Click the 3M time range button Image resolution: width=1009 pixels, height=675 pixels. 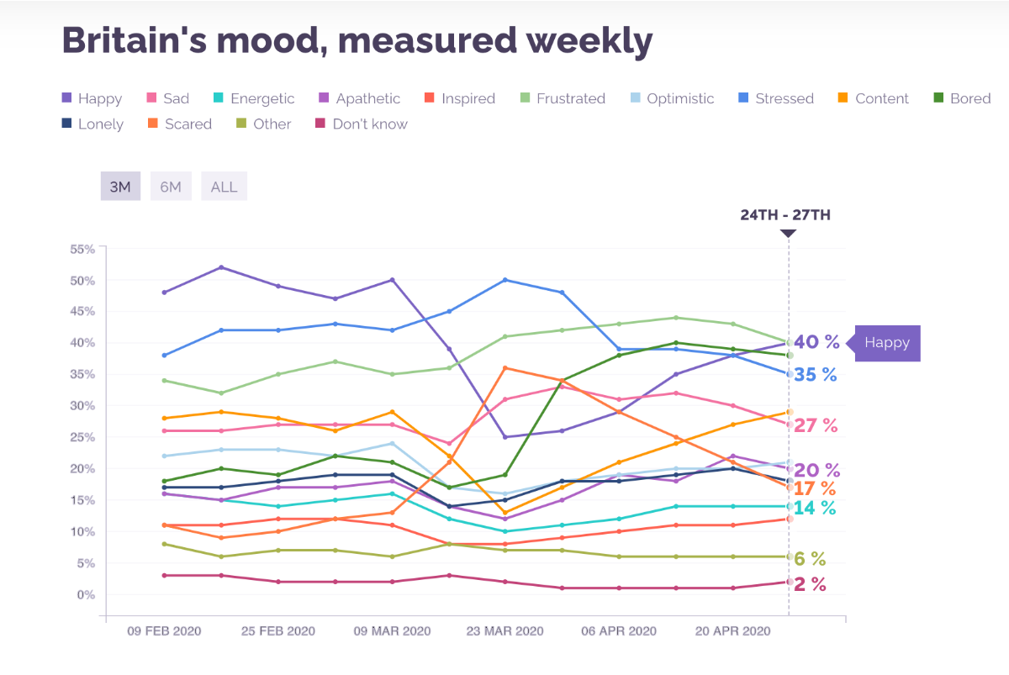click(x=120, y=187)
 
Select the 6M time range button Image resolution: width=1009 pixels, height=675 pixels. click(x=171, y=187)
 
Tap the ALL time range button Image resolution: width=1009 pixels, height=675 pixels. click(x=224, y=187)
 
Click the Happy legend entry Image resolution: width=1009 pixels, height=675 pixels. click(x=92, y=98)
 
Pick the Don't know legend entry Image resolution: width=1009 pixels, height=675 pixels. click(x=361, y=124)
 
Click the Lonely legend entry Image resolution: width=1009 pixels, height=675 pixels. click(x=92, y=124)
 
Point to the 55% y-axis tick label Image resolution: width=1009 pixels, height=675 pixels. click(x=82, y=249)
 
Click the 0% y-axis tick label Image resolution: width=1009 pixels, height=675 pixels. click(x=86, y=594)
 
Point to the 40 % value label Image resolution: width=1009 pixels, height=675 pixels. click(x=816, y=342)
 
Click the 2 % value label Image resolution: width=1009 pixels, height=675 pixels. click(x=810, y=585)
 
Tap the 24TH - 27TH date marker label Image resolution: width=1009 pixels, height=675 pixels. click(x=785, y=215)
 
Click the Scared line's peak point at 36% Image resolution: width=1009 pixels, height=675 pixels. click(x=504, y=367)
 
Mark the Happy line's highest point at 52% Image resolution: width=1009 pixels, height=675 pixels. click(x=221, y=267)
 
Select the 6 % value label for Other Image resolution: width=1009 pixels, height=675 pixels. click(x=810, y=559)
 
